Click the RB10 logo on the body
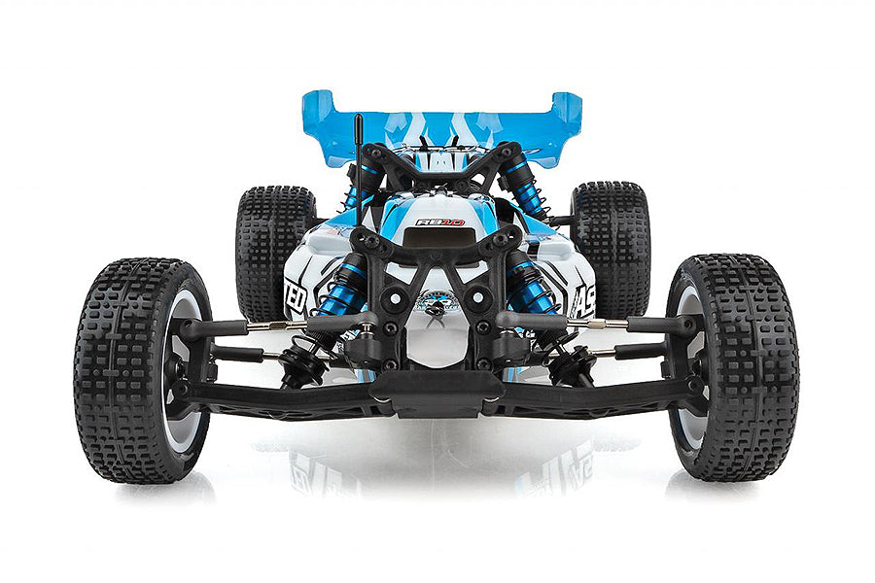[439, 223]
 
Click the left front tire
[131, 369]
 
